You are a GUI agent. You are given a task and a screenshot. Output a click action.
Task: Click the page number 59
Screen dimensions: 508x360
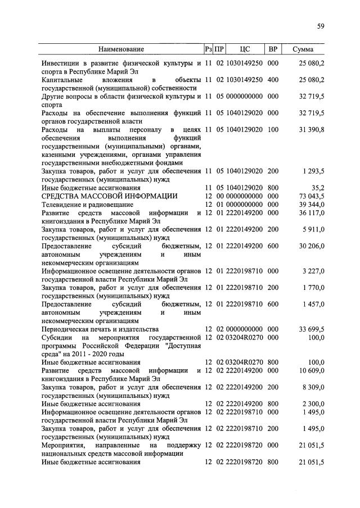click(x=320, y=26)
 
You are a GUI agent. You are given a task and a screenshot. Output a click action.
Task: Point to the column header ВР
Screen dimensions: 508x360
click(x=273, y=49)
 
